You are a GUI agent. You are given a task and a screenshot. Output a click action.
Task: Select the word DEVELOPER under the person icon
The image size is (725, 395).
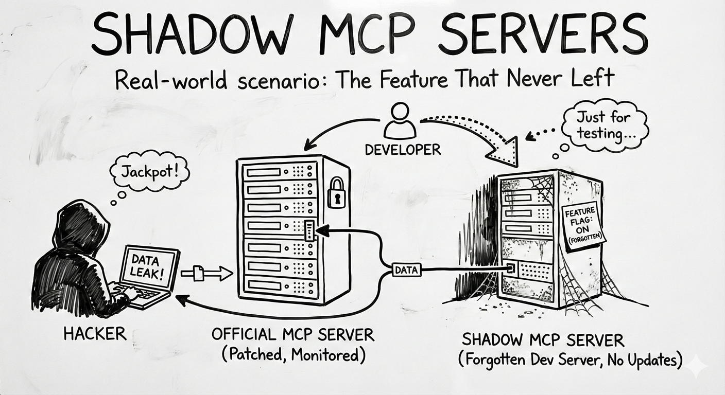click(403, 150)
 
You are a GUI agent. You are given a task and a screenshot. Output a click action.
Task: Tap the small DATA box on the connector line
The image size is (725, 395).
click(407, 269)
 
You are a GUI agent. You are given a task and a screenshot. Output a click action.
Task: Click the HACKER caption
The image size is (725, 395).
click(95, 333)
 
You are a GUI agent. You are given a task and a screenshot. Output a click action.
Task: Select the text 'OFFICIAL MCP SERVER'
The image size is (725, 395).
click(293, 335)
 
